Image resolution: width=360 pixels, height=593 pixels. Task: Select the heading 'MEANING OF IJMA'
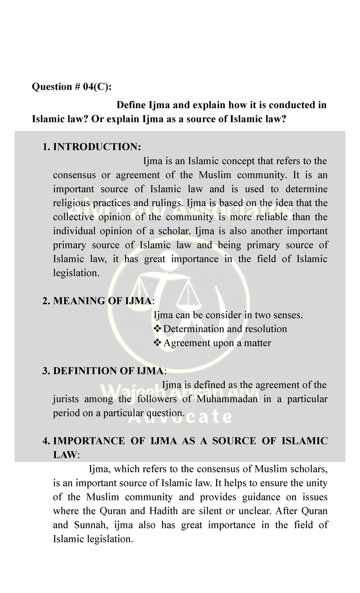coord(102,301)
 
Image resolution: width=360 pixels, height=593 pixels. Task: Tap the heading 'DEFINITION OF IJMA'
coord(108,371)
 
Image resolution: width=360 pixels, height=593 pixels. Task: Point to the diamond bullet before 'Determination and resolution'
coord(157,329)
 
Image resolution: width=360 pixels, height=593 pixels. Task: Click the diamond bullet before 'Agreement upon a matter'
coord(157,343)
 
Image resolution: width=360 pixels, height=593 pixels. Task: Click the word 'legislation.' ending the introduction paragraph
coord(76,273)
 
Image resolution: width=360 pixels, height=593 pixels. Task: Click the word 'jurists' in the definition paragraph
coord(66,399)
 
